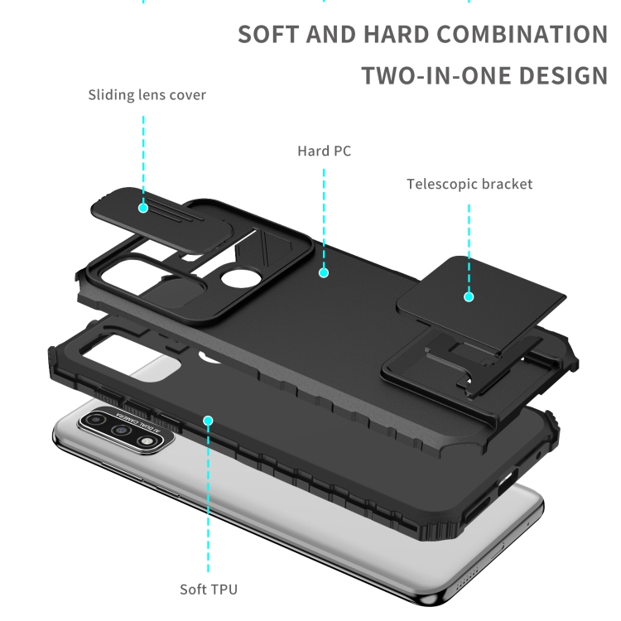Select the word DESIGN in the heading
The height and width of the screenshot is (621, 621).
click(563, 76)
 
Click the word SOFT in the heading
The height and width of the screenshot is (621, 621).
click(268, 35)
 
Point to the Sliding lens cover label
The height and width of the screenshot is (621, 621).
click(147, 94)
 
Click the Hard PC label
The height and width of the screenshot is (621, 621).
click(324, 151)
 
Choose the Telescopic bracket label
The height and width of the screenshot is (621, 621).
click(469, 184)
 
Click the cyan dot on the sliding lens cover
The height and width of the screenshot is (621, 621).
click(143, 208)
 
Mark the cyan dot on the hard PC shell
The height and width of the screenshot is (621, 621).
click(324, 272)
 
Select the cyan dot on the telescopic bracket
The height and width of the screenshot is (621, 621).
click(469, 296)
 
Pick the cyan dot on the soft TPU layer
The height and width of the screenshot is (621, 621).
click(209, 421)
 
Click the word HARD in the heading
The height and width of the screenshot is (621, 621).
click(393, 35)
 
